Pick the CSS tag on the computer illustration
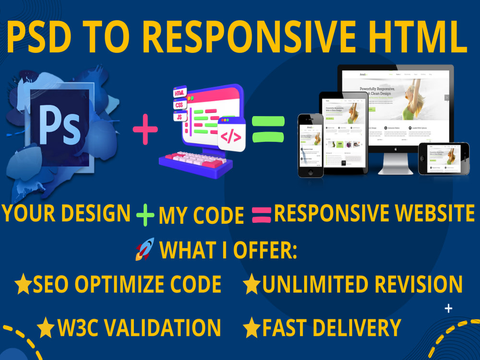tap(179, 104)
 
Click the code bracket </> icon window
tap(231, 136)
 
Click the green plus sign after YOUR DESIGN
tap(145, 215)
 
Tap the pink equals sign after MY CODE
tap(261, 215)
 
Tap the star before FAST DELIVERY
tap(251, 328)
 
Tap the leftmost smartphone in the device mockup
tap(311, 145)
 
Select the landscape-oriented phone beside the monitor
tap(443, 159)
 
